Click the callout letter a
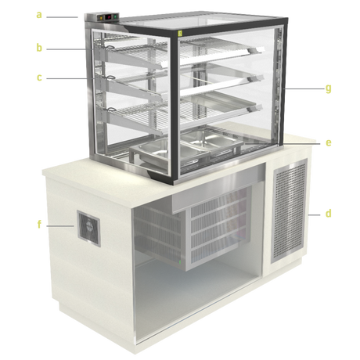pos(39,15)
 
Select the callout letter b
pos(39,47)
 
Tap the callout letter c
pos(39,77)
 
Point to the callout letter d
pos(328,213)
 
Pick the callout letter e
pos(329,143)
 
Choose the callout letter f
pos(39,224)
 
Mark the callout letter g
pos(329,89)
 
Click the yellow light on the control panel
pos(101,18)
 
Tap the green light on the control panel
pos(115,17)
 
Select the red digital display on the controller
pos(108,17)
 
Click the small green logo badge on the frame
pos(180,33)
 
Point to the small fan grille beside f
pos(88,229)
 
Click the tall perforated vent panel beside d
pos(289,211)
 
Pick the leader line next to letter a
pos(62,17)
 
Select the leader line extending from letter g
pos(304,88)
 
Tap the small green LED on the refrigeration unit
pos(180,261)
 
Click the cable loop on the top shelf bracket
pos(110,47)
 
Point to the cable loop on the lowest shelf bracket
pos(111,110)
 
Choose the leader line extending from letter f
pos(60,226)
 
